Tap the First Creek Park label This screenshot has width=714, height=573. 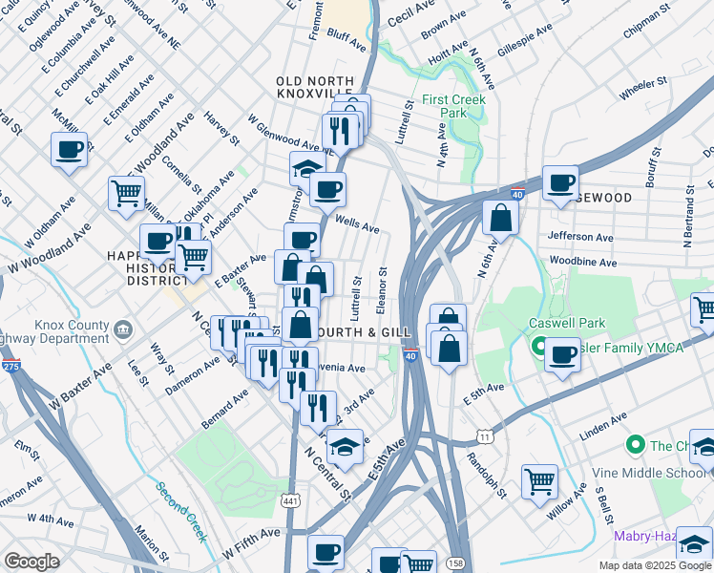[x=454, y=106]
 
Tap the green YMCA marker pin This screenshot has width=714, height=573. [x=539, y=347]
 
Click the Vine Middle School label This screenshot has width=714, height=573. [x=663, y=472]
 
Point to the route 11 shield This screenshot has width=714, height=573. [x=485, y=436]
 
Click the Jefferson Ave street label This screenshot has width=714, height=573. [x=579, y=236]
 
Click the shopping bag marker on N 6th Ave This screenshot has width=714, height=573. [x=500, y=218]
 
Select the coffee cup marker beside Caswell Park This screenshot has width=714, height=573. [x=561, y=356]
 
